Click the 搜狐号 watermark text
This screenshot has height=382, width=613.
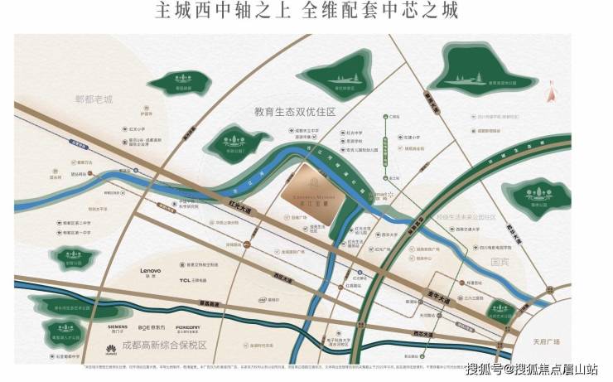click(485, 369)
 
